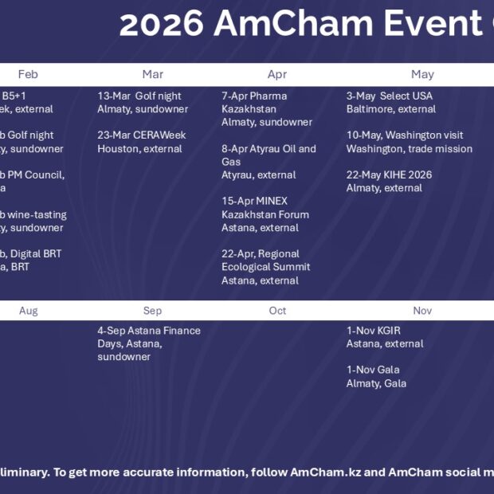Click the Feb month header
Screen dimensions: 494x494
coord(28,74)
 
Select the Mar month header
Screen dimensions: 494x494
coord(152,74)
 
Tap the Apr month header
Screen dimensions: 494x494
coord(277,74)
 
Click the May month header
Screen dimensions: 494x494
coord(422,74)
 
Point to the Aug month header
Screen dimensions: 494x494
coord(28,311)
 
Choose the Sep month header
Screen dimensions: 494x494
coord(152,311)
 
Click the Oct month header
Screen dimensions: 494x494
coord(277,311)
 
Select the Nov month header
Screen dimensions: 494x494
coord(422,311)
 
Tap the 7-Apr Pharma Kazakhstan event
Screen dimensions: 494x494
coord(255,109)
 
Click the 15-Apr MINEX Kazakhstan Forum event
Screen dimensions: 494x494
coord(265,214)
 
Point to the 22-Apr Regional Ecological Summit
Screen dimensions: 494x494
coord(265,267)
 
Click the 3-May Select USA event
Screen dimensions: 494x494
coord(390,102)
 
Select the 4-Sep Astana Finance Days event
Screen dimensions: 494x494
coord(148,343)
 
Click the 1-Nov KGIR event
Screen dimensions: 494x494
coord(384,337)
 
